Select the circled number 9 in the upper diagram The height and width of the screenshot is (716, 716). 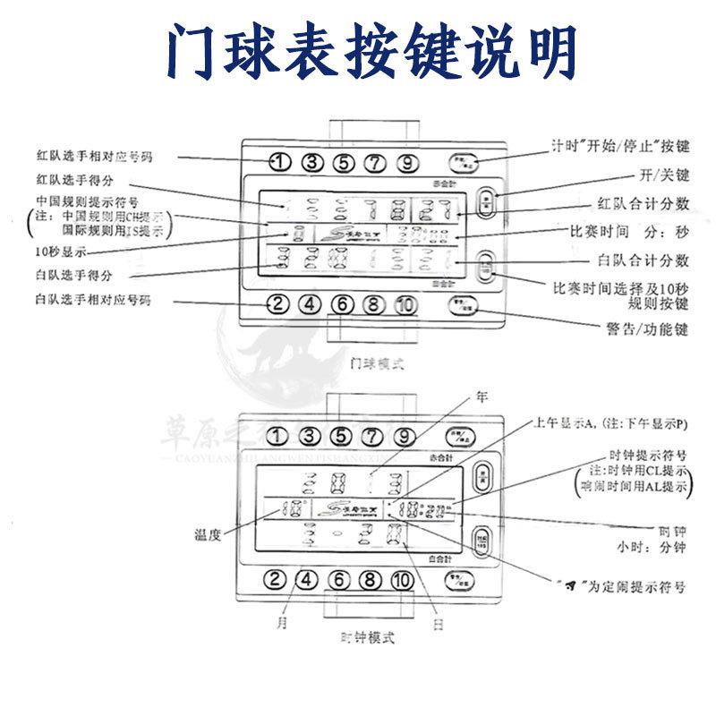(x=407, y=163)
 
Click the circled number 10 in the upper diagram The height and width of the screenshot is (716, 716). (x=405, y=304)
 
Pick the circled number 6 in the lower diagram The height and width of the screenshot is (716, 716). (x=339, y=579)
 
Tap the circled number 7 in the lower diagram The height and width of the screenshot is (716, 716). (x=374, y=438)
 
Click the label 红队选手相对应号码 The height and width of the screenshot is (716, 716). (x=94, y=157)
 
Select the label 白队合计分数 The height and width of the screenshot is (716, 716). (x=642, y=260)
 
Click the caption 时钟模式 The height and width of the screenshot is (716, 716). (x=368, y=638)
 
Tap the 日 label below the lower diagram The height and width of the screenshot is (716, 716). (x=438, y=625)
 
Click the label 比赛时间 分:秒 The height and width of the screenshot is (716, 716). (x=629, y=232)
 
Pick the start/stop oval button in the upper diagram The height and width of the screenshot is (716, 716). (x=465, y=163)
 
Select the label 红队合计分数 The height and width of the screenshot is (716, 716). (x=642, y=203)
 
